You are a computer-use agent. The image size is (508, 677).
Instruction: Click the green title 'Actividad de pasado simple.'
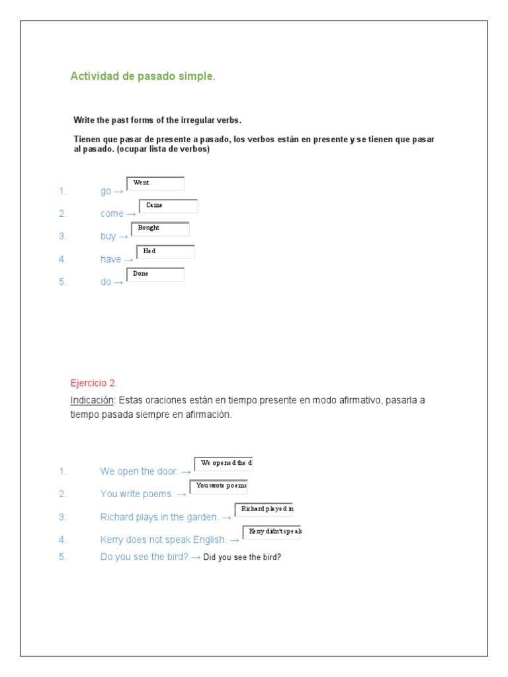point(143,77)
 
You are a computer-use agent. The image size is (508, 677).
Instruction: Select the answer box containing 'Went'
point(155,183)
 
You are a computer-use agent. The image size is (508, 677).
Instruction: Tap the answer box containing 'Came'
point(168,206)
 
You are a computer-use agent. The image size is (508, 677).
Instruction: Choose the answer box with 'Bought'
point(160,229)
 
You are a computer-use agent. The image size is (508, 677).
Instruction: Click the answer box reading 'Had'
point(165,251)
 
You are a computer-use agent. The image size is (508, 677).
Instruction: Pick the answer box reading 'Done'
point(155,274)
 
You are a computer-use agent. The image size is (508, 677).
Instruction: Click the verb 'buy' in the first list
point(108,236)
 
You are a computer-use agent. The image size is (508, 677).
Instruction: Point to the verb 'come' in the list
point(112,214)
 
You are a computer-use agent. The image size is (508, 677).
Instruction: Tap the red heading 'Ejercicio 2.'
point(94,383)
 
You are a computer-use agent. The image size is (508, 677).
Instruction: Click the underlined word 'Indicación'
point(93,401)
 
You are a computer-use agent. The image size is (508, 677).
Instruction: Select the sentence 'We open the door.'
point(139,471)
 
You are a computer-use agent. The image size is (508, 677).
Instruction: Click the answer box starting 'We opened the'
point(224,463)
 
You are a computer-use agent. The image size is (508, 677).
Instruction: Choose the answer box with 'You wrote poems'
point(219,486)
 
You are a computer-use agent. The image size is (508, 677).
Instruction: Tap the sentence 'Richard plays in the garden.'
point(159,517)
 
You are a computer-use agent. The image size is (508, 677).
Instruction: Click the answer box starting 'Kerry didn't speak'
point(272,532)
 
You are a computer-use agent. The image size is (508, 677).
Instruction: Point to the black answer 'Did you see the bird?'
point(243,557)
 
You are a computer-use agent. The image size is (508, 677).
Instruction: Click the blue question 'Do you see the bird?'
point(144,557)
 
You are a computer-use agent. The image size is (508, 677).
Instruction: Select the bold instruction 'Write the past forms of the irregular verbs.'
point(157,120)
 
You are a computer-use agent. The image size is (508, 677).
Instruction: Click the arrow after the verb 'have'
point(128,259)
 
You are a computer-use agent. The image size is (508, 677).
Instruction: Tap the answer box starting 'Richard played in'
point(264,509)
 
